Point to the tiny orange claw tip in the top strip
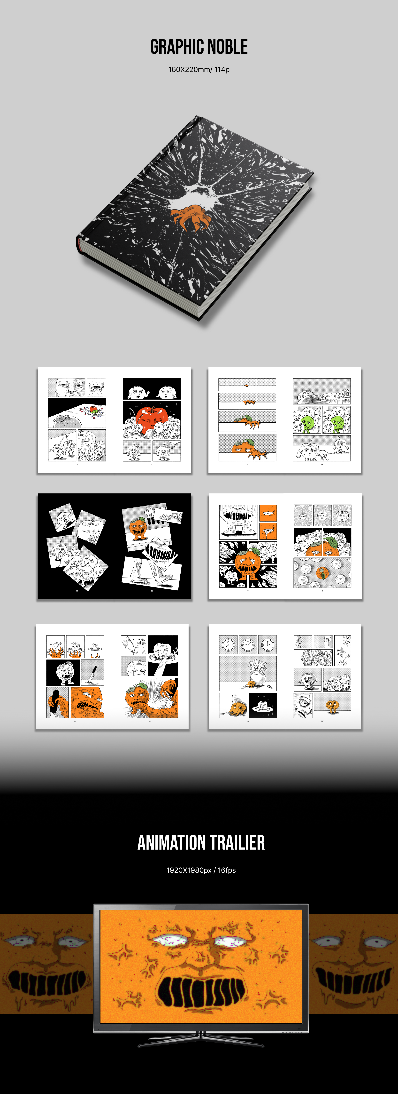coord(246,386)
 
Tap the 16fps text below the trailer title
coord(227,870)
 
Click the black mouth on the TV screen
coord(201,992)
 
